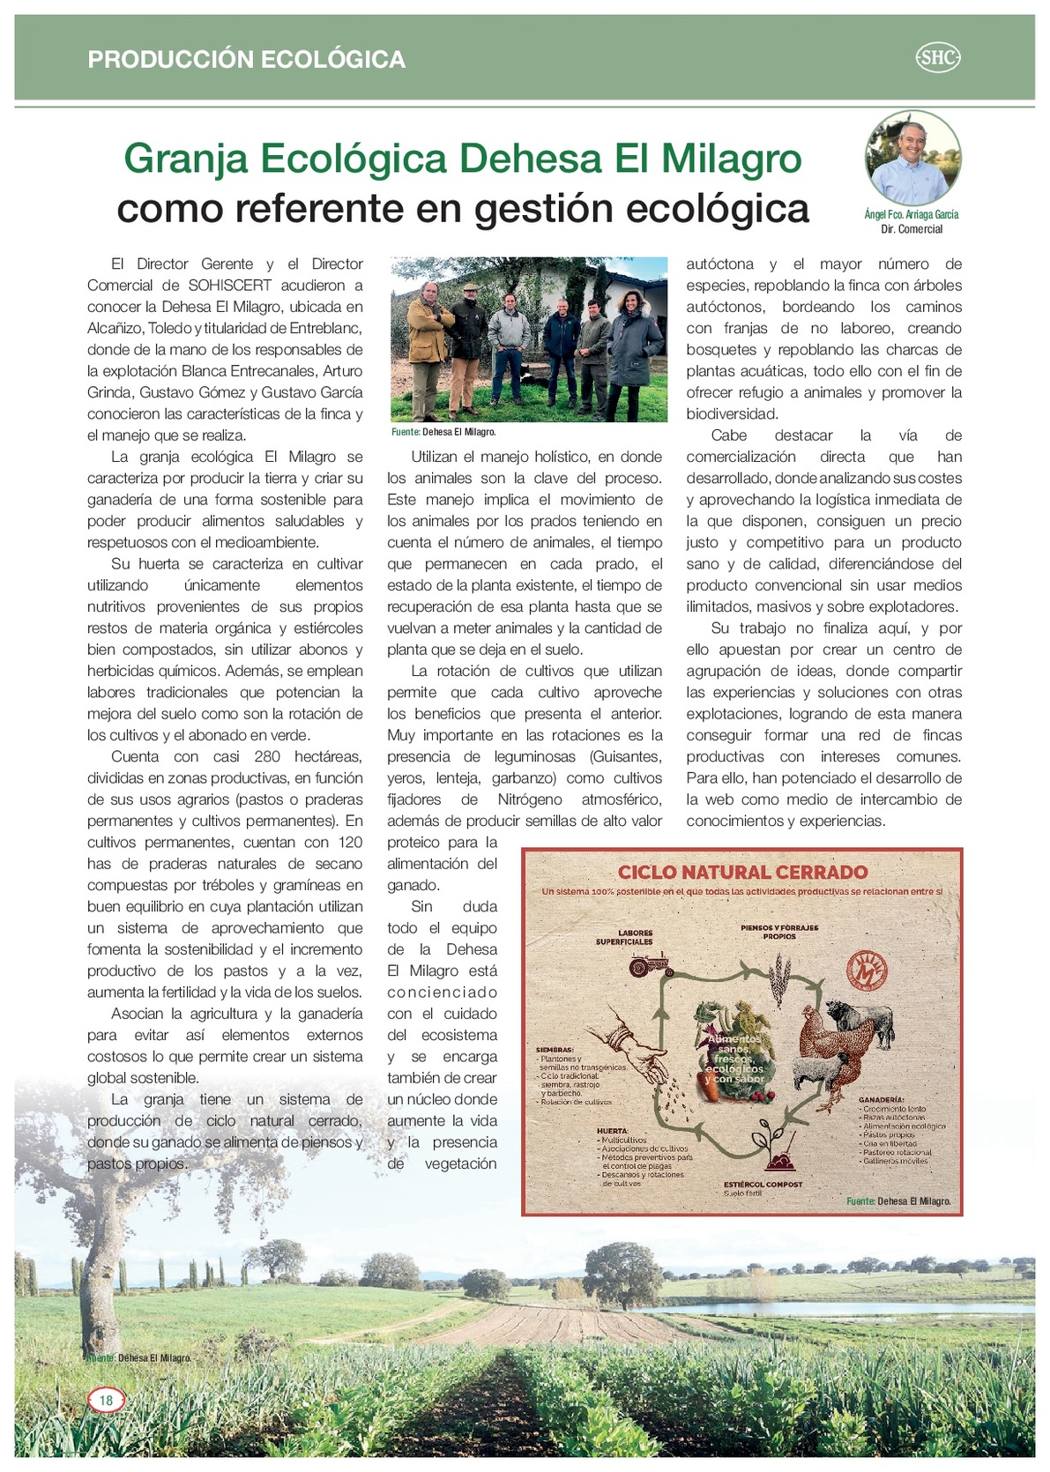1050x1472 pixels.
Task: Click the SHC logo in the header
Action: click(x=938, y=58)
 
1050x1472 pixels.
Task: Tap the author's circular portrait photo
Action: click(x=912, y=158)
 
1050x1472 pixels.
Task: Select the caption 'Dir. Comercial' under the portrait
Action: click(x=912, y=229)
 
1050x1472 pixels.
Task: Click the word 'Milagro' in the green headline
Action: click(x=731, y=159)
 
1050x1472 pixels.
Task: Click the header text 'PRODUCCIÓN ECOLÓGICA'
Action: click(x=247, y=59)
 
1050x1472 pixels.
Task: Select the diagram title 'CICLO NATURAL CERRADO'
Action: click(x=742, y=872)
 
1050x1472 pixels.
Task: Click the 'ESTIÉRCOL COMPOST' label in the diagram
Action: click(x=763, y=1184)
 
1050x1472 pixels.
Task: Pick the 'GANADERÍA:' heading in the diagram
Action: click(x=881, y=1100)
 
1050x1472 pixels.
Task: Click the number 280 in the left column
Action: click(x=267, y=756)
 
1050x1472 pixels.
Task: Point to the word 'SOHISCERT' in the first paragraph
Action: click(x=230, y=286)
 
